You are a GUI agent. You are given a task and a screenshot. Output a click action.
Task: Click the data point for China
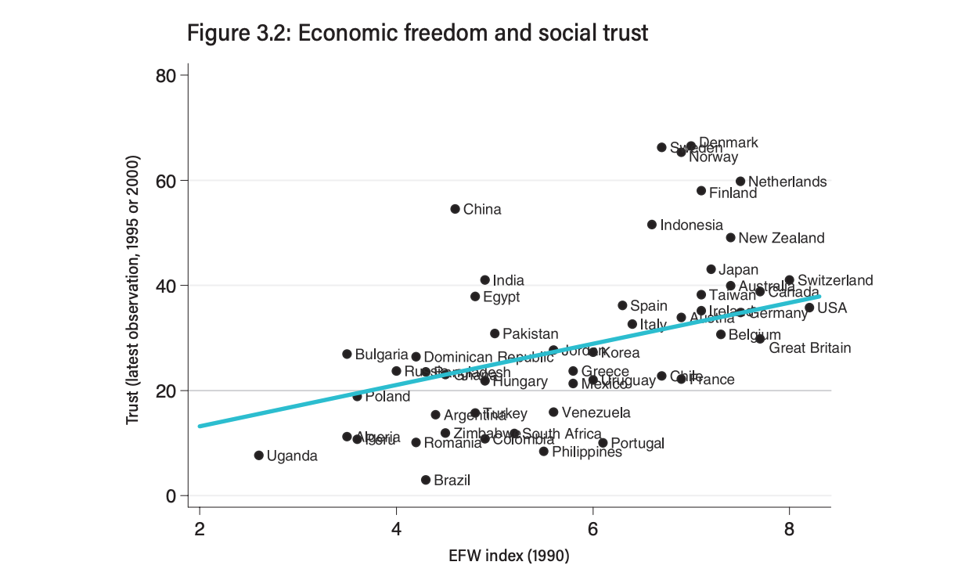click(x=455, y=209)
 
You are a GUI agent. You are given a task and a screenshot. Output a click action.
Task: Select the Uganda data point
click(x=258, y=456)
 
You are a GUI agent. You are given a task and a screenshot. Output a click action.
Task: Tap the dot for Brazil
click(x=426, y=480)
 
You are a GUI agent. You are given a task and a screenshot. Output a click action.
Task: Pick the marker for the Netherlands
click(x=740, y=182)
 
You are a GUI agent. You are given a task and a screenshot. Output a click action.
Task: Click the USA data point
click(x=809, y=308)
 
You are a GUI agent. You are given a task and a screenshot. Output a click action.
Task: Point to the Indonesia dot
click(x=652, y=225)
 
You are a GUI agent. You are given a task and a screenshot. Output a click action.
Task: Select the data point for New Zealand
click(x=730, y=238)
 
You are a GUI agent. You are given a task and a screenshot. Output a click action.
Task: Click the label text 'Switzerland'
click(x=834, y=280)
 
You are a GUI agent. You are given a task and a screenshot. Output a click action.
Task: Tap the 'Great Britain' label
click(x=809, y=348)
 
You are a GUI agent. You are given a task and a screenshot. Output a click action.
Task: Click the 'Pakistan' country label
click(x=530, y=334)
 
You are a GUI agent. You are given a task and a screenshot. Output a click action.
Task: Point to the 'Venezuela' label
click(x=596, y=412)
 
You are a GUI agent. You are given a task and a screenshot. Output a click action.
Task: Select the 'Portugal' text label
click(x=637, y=444)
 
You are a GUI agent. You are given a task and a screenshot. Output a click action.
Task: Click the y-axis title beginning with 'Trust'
click(x=132, y=290)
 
